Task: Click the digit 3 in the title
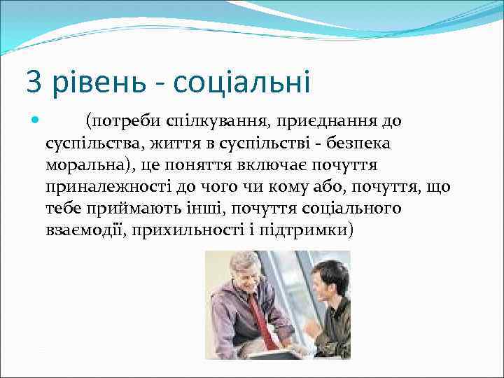coord(34,83)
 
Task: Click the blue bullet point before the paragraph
coord(36,120)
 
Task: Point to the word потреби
coord(123,121)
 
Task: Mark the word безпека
coord(356,143)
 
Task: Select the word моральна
coord(85,165)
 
